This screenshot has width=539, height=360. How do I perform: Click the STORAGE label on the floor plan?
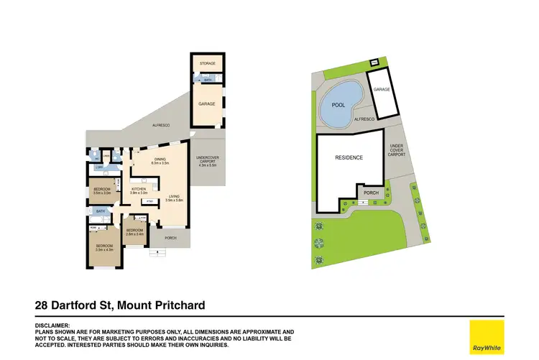pyautogui.click(x=208, y=64)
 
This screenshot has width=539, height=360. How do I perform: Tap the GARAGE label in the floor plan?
pyautogui.click(x=208, y=103)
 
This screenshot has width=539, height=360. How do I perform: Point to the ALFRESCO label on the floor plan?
pyautogui.click(x=160, y=125)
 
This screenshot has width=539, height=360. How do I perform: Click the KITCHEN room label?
pyautogui.click(x=139, y=190)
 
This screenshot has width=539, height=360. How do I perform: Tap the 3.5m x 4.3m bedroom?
pyautogui.click(x=105, y=247)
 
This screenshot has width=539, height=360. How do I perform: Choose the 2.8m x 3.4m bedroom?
pyautogui.click(x=135, y=231)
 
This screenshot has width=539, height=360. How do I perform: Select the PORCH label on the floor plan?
pyautogui.click(x=170, y=238)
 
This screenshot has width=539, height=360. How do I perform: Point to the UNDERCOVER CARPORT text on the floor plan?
pyautogui.click(x=207, y=161)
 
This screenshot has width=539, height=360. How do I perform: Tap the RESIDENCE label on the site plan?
pyautogui.click(x=349, y=157)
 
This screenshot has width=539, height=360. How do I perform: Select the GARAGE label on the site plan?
pyautogui.click(x=382, y=90)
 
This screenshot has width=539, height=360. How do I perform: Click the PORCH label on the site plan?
pyautogui.click(x=372, y=193)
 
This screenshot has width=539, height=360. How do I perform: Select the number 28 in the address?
pyautogui.click(x=42, y=305)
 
